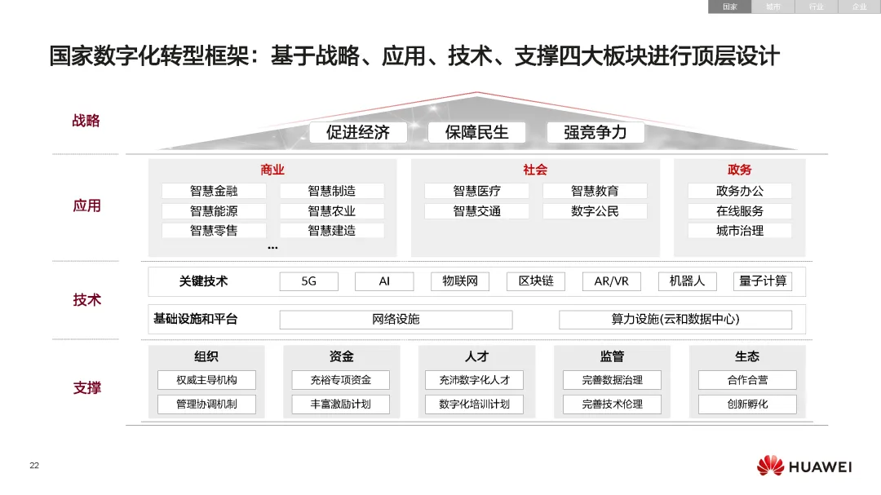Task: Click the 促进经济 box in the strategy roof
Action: [358, 132]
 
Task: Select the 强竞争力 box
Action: [595, 132]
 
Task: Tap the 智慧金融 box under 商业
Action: [214, 191]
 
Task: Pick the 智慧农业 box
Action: [332, 210]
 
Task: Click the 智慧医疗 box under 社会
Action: [476, 191]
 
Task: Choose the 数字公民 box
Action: [595, 210]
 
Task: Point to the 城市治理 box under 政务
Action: [740, 230]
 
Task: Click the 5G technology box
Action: [308, 281]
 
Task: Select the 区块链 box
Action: [536, 281]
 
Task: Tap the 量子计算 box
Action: [763, 281]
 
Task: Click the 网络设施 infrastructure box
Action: [396, 319]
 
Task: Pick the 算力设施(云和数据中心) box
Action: [675, 319]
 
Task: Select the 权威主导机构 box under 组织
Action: [206, 380]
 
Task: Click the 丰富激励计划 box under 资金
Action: [340, 404]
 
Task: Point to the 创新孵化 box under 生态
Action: [747, 404]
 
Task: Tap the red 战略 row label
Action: [86, 121]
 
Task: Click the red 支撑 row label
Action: [87, 387]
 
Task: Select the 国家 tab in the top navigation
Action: [729, 7]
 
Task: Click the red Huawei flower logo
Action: [770, 466]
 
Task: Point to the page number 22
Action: [34, 466]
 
